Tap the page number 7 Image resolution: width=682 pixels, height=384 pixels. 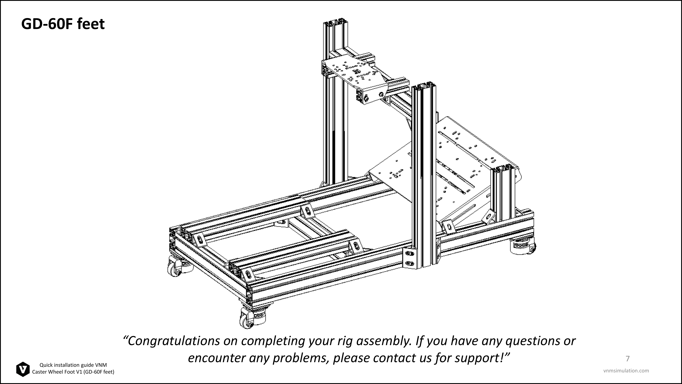(x=627, y=359)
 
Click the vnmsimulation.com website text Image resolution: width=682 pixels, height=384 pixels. (x=626, y=371)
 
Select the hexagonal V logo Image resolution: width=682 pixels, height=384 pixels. (x=23, y=369)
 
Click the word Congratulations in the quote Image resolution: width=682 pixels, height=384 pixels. (x=174, y=341)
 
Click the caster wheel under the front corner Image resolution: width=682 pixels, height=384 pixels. (x=249, y=318)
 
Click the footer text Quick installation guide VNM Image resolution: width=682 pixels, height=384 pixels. (x=73, y=365)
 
